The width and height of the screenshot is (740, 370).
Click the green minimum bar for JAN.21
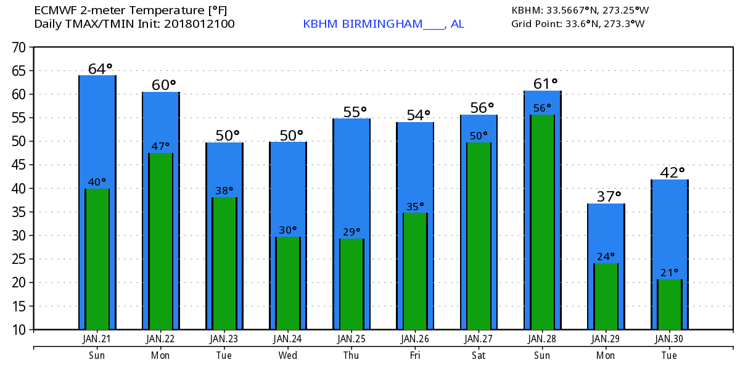pos(97,259)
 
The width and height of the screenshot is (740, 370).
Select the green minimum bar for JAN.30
pos(670,305)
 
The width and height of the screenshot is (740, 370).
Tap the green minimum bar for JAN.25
pos(351,284)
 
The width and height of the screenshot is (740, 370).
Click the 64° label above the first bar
pos(101,68)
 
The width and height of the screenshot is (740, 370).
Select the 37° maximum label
pos(609,197)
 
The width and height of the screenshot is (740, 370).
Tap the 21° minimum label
pos(670,272)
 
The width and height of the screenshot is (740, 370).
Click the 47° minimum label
pos(161,146)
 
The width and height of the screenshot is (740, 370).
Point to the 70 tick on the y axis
pos(18,47)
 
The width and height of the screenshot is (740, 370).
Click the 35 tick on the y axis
pos(18,212)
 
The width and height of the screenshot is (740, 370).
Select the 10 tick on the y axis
pos(18,330)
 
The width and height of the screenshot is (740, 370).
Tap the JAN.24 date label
pos(288,339)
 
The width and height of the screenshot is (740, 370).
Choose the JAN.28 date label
pos(543,339)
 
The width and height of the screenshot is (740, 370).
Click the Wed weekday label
pos(288,355)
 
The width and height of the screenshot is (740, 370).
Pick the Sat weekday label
pos(479,355)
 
